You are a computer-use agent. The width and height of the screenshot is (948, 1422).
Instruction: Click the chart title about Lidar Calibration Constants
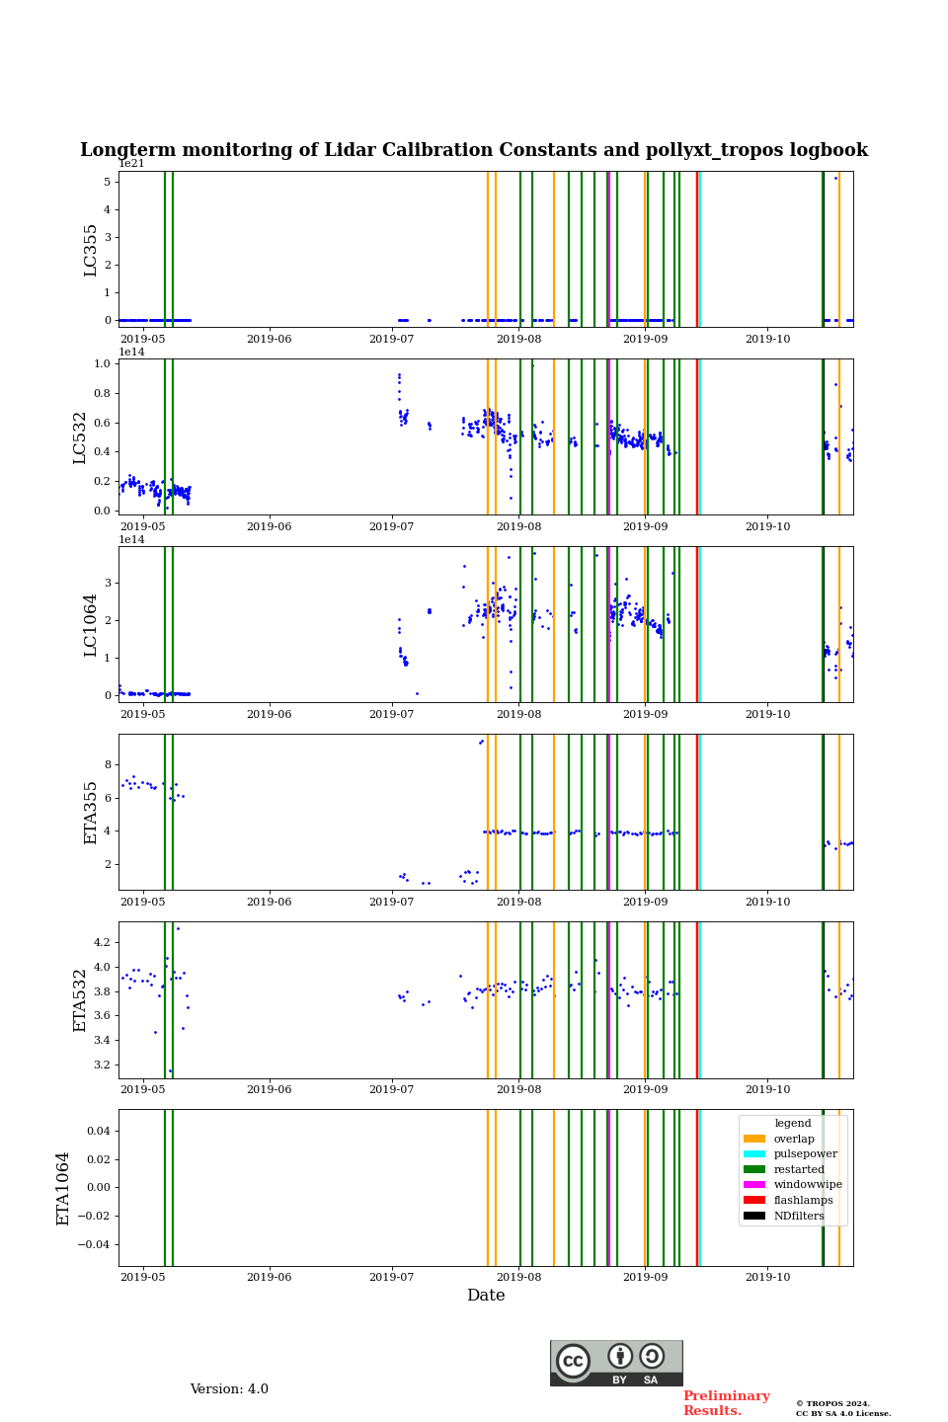click(x=474, y=150)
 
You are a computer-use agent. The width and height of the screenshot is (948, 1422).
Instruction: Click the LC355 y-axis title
click(x=91, y=250)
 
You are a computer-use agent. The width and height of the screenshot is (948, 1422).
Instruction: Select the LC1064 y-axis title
click(x=91, y=625)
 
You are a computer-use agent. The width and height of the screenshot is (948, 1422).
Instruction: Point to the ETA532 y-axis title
click(x=81, y=1000)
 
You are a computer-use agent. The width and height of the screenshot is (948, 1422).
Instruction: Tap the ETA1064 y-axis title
click(x=64, y=1188)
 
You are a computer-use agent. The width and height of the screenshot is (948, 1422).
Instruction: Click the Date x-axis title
click(x=486, y=1296)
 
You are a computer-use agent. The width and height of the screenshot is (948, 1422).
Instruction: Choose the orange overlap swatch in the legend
click(x=754, y=1139)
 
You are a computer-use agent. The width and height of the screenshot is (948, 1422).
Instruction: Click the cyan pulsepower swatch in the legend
click(x=754, y=1154)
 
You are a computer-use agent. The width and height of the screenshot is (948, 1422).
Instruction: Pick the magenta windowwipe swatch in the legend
click(x=754, y=1185)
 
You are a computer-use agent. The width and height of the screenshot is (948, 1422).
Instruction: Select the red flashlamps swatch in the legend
click(x=754, y=1201)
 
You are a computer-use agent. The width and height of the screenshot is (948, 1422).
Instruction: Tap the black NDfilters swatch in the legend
click(x=754, y=1216)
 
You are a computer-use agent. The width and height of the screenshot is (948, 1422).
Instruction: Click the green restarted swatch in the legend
click(x=754, y=1170)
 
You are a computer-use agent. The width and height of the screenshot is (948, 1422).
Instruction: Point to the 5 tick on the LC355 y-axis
click(x=107, y=182)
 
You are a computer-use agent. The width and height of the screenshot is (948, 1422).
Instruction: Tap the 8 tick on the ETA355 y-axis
click(x=107, y=764)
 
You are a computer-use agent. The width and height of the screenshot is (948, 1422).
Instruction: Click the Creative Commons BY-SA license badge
click(x=616, y=1363)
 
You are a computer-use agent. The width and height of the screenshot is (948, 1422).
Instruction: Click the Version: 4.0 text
click(x=229, y=1389)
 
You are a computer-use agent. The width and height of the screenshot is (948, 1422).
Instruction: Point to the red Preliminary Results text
click(x=726, y=1403)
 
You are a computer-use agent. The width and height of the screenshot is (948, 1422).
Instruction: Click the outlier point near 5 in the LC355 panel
click(x=835, y=178)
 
